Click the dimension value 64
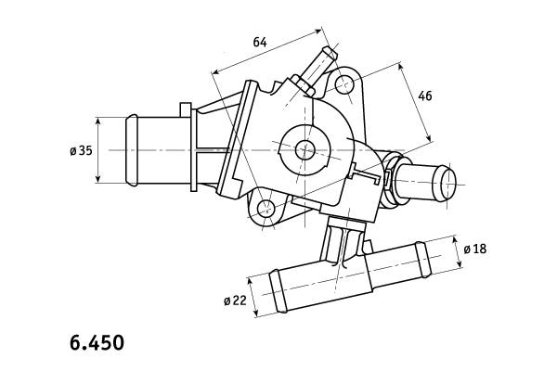point(260,42)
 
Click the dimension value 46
point(425,96)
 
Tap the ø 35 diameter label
point(81,150)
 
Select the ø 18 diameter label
point(475,249)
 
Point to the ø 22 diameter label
point(235,301)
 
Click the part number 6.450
point(97,342)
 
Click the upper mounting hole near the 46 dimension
point(343,85)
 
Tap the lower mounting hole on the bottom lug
point(266,209)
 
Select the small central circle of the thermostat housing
point(305,149)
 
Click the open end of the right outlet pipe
point(448,184)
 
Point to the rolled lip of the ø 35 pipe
point(132,150)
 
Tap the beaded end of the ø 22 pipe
point(278,291)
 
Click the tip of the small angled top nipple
point(330,53)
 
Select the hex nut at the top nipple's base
point(304,85)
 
